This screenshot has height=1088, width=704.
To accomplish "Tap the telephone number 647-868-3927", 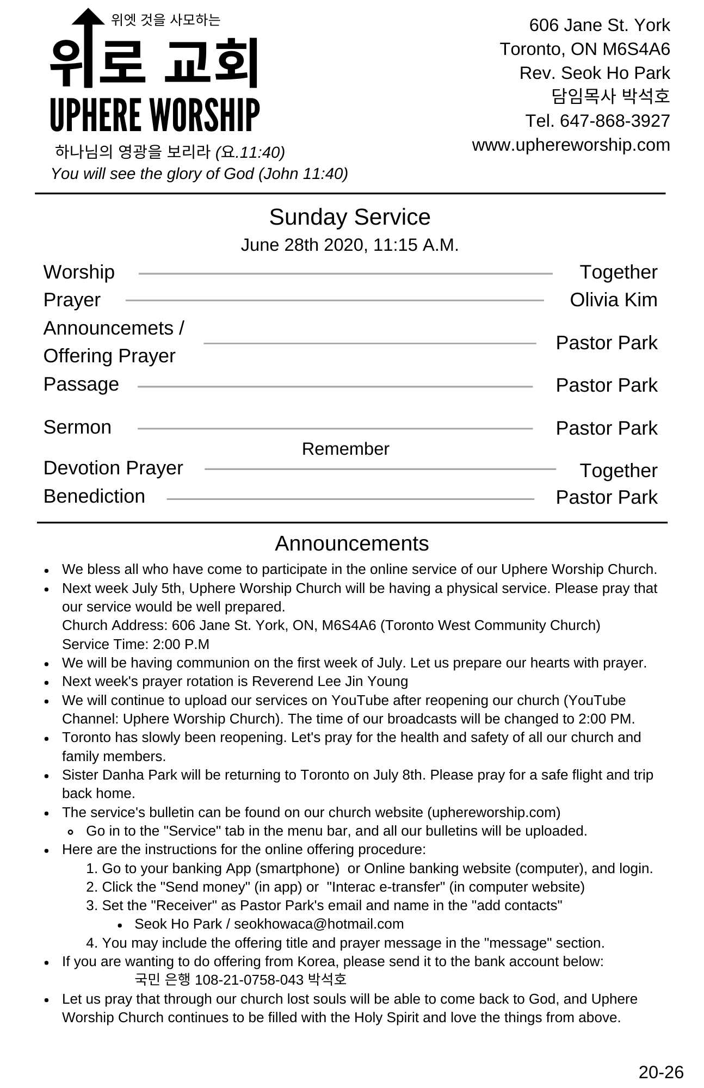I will (x=615, y=121).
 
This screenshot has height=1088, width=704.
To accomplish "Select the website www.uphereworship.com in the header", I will (x=571, y=145).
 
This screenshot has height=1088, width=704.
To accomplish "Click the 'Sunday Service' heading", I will (x=349, y=217).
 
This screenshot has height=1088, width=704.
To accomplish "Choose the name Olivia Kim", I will (x=613, y=300).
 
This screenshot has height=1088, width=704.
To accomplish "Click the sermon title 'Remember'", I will (x=345, y=449).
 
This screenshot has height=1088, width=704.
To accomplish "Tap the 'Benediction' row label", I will (x=94, y=496).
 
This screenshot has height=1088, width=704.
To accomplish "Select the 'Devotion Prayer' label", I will (x=113, y=468).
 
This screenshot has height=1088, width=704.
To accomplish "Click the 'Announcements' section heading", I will (x=351, y=543).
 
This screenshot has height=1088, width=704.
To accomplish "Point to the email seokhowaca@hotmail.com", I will (x=319, y=924).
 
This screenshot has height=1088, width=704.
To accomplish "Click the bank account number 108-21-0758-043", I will (x=249, y=980).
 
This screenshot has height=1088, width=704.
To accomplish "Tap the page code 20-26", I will (x=660, y=1072).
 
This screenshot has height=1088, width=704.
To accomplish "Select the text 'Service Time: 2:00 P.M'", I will (x=135, y=644).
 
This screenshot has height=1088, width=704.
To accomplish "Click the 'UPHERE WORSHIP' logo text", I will (x=155, y=115).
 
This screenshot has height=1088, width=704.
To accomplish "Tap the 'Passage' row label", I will (x=81, y=384).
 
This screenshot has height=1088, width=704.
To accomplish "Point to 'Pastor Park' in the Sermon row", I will (x=606, y=428).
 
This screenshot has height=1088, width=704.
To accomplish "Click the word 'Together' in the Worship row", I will (x=618, y=272).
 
